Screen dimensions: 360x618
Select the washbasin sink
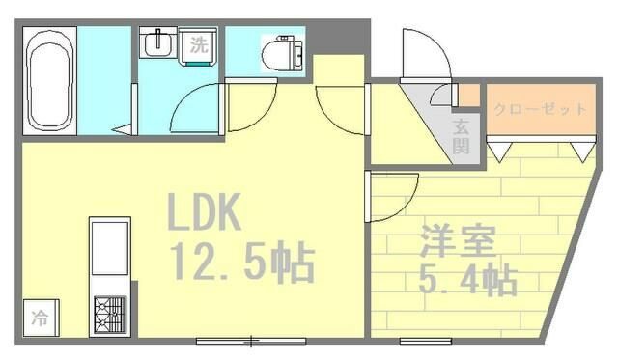(x=156, y=44)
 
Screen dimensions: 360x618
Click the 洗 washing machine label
(x=197, y=43)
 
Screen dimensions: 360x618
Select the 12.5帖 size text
(x=241, y=261)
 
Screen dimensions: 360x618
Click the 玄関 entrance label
(x=462, y=136)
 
